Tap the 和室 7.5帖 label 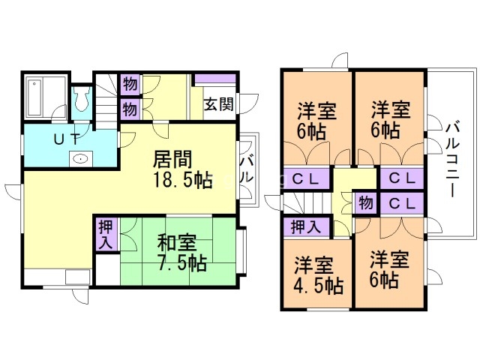[x=181, y=253]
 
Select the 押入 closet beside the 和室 [x=106, y=234]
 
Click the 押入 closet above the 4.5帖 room [x=304, y=225]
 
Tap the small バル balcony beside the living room [x=247, y=171]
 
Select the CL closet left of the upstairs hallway [x=304, y=180]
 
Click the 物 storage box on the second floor [x=365, y=203]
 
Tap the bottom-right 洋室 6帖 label [x=389, y=270]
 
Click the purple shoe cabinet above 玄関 [x=215, y=78]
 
